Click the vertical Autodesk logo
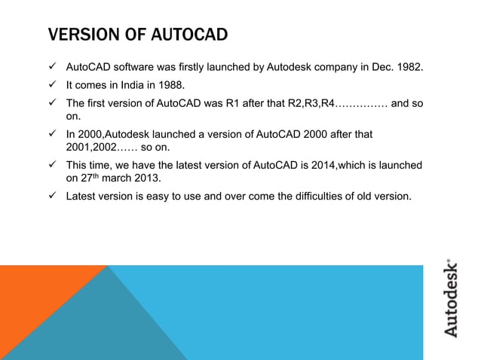pyautogui.click(x=450, y=298)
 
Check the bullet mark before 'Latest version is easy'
pyautogui.click(x=54, y=197)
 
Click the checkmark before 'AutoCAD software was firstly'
pyautogui.click(x=54, y=70)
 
